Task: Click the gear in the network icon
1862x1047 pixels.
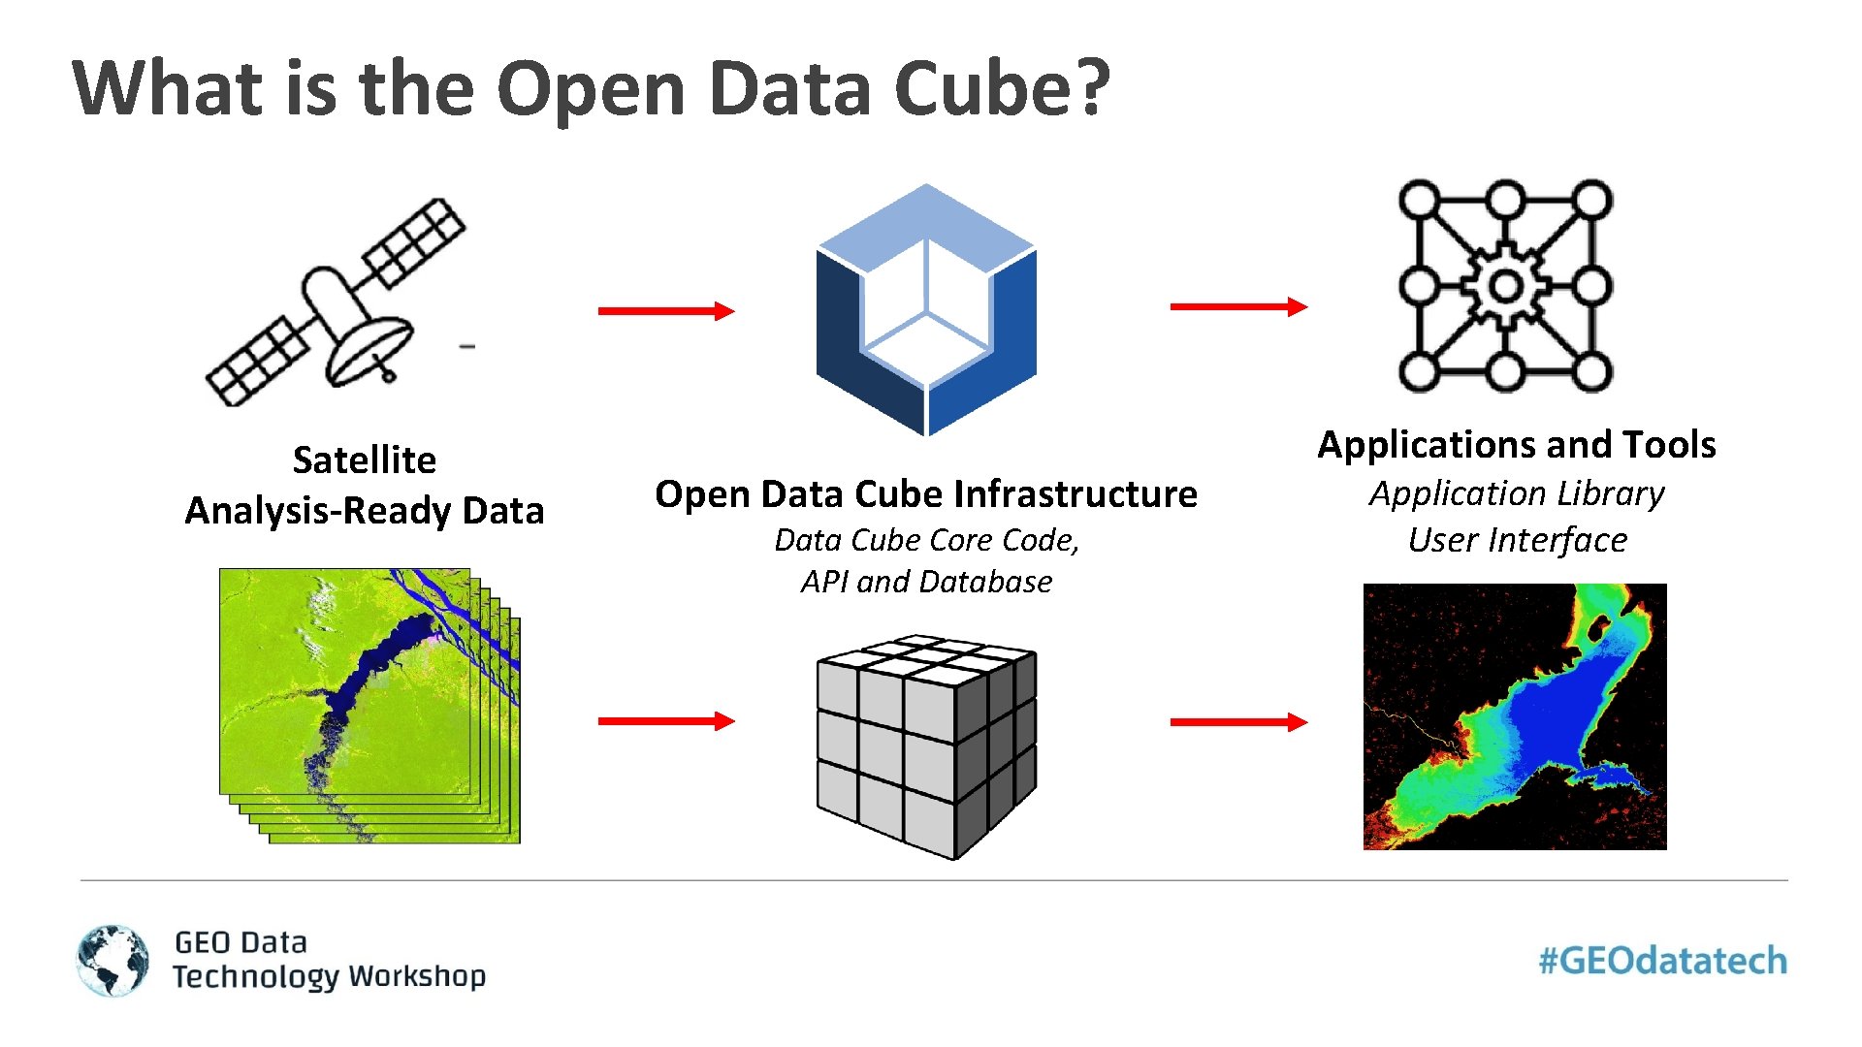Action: (x=1505, y=286)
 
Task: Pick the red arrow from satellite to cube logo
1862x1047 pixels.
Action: (x=665, y=310)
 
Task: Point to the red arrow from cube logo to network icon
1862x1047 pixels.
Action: (x=1237, y=306)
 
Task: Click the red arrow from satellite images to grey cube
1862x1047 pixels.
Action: (x=665, y=720)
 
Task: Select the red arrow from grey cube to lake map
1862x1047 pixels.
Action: (x=1237, y=721)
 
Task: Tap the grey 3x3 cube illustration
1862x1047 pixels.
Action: (x=926, y=746)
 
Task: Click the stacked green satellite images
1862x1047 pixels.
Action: (x=369, y=705)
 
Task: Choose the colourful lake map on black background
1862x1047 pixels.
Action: (x=1515, y=716)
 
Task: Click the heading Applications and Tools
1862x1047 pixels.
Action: (x=1517, y=445)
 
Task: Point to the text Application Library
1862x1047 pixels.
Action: (x=1517, y=493)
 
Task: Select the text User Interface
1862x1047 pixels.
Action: (x=1517, y=540)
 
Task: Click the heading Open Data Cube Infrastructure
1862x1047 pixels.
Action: (x=926, y=494)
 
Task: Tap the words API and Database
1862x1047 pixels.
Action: (x=926, y=582)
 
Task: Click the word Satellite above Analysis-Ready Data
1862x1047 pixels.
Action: (x=365, y=460)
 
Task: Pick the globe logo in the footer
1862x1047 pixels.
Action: (x=113, y=960)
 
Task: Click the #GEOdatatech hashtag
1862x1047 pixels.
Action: (x=1662, y=961)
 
